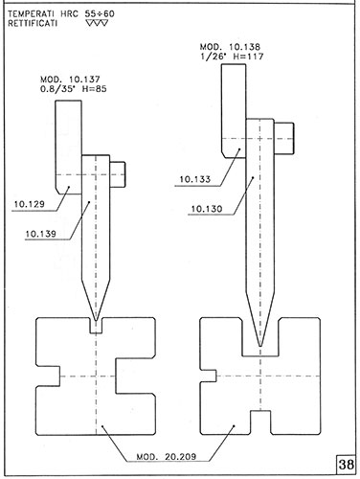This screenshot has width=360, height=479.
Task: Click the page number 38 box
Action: [x=346, y=465]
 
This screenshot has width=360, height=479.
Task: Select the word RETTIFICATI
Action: [x=33, y=23]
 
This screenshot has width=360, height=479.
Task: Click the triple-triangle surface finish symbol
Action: [x=97, y=23]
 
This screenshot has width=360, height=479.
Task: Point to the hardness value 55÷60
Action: [x=100, y=13]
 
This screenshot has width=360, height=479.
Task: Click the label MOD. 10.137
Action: [x=70, y=79]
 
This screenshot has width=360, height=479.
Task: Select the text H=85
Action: [x=94, y=88]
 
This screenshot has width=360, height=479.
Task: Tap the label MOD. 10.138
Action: [x=230, y=47]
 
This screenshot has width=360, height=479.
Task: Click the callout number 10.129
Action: [x=29, y=204]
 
